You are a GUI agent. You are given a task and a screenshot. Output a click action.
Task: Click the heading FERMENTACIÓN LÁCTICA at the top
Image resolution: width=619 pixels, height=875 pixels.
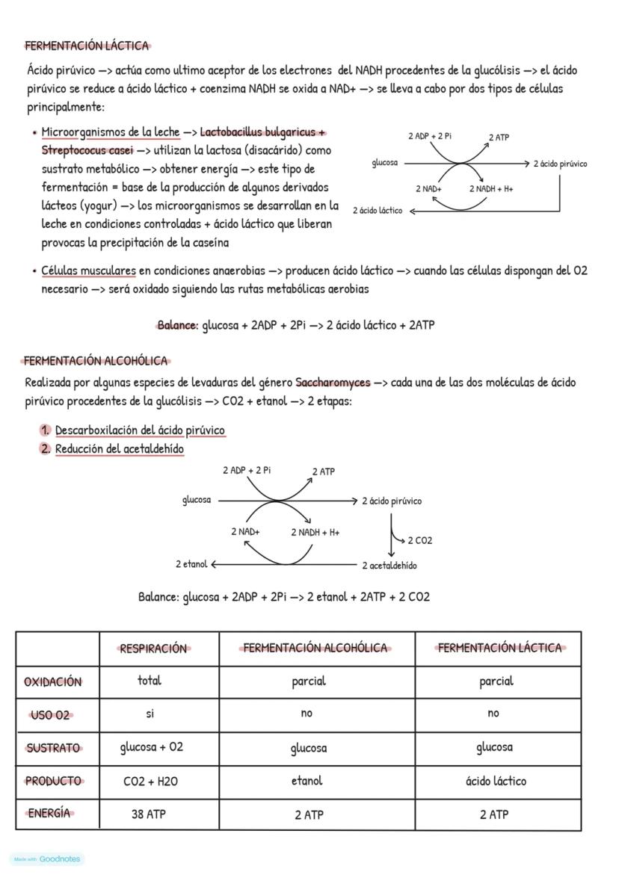point(87,46)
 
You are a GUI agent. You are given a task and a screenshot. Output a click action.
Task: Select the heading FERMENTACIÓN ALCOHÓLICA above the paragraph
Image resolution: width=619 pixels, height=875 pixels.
point(96,361)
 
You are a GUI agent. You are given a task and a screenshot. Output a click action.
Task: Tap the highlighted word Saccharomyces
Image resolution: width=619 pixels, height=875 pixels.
point(333,383)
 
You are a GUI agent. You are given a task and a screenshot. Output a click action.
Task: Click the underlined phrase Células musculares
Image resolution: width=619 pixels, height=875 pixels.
point(88,270)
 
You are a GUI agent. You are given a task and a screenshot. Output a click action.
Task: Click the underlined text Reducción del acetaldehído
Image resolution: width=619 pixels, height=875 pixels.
point(120,449)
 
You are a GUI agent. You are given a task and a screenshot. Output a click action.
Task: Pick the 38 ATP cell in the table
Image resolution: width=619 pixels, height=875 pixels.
point(148,814)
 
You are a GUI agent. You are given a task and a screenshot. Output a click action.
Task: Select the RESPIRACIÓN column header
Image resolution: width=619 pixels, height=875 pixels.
point(153,649)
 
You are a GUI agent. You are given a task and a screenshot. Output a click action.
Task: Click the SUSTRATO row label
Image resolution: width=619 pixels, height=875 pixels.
point(52,748)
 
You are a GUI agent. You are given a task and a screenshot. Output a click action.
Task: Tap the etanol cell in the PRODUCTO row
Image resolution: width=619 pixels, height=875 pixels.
point(307,781)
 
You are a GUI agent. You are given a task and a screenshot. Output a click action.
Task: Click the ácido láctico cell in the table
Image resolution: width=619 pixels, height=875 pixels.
point(495,781)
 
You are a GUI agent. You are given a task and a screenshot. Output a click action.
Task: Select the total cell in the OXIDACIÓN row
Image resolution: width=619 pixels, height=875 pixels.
point(150,681)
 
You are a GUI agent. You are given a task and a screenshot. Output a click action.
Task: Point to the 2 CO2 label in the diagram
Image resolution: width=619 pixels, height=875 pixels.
point(419,540)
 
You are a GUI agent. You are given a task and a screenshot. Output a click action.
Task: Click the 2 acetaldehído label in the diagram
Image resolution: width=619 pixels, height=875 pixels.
point(389,566)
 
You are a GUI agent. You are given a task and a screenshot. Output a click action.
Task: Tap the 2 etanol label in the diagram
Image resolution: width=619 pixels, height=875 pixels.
point(191,564)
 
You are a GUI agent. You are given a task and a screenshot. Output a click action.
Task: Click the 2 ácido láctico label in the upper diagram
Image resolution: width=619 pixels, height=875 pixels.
point(378,211)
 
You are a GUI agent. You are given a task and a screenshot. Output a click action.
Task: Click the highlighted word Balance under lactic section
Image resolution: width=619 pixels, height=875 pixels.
point(176,326)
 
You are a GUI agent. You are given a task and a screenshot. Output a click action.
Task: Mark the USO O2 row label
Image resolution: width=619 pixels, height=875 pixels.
point(51,715)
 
